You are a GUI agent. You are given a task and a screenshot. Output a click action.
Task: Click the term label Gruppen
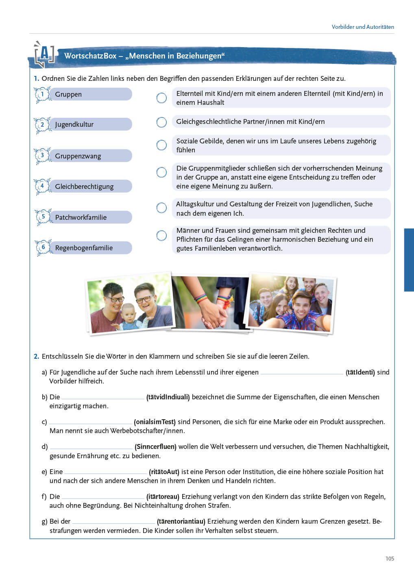coord(68,94)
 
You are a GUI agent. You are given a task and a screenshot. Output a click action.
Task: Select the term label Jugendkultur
coord(74,124)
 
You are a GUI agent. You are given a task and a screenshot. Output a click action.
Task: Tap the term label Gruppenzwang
coord(78,156)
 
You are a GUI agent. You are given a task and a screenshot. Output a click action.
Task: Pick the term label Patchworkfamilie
coord(81,217)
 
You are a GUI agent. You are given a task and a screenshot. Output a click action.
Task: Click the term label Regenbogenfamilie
coord(84,248)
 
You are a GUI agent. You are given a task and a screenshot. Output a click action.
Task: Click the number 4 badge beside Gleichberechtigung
coord(42,186)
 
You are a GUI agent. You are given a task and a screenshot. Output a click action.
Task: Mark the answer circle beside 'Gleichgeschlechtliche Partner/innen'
coord(161,122)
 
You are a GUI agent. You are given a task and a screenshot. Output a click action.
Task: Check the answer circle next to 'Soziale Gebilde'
coord(161,145)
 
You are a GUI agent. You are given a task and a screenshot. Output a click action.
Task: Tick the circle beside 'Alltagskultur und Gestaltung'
coord(161,208)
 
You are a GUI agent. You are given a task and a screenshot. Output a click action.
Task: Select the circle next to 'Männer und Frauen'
coord(161,236)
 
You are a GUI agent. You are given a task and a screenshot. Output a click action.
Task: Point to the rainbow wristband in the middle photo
coord(201,299)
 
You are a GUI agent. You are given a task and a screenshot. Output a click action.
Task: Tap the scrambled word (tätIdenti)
coord(360,372)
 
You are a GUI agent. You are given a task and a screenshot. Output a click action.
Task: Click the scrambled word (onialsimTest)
coord(155,422)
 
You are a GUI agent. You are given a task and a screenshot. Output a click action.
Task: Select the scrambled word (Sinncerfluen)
coord(155,447)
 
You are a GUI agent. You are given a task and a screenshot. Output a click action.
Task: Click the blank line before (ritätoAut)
coord(105,472)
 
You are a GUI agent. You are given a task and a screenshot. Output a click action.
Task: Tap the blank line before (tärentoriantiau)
coord(113,522)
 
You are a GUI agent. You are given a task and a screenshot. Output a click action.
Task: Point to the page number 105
coord(390,559)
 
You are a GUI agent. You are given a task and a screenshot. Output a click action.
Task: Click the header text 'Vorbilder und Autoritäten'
coord(363,27)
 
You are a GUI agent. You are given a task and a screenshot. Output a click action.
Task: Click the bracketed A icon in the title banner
coord(44,55)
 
